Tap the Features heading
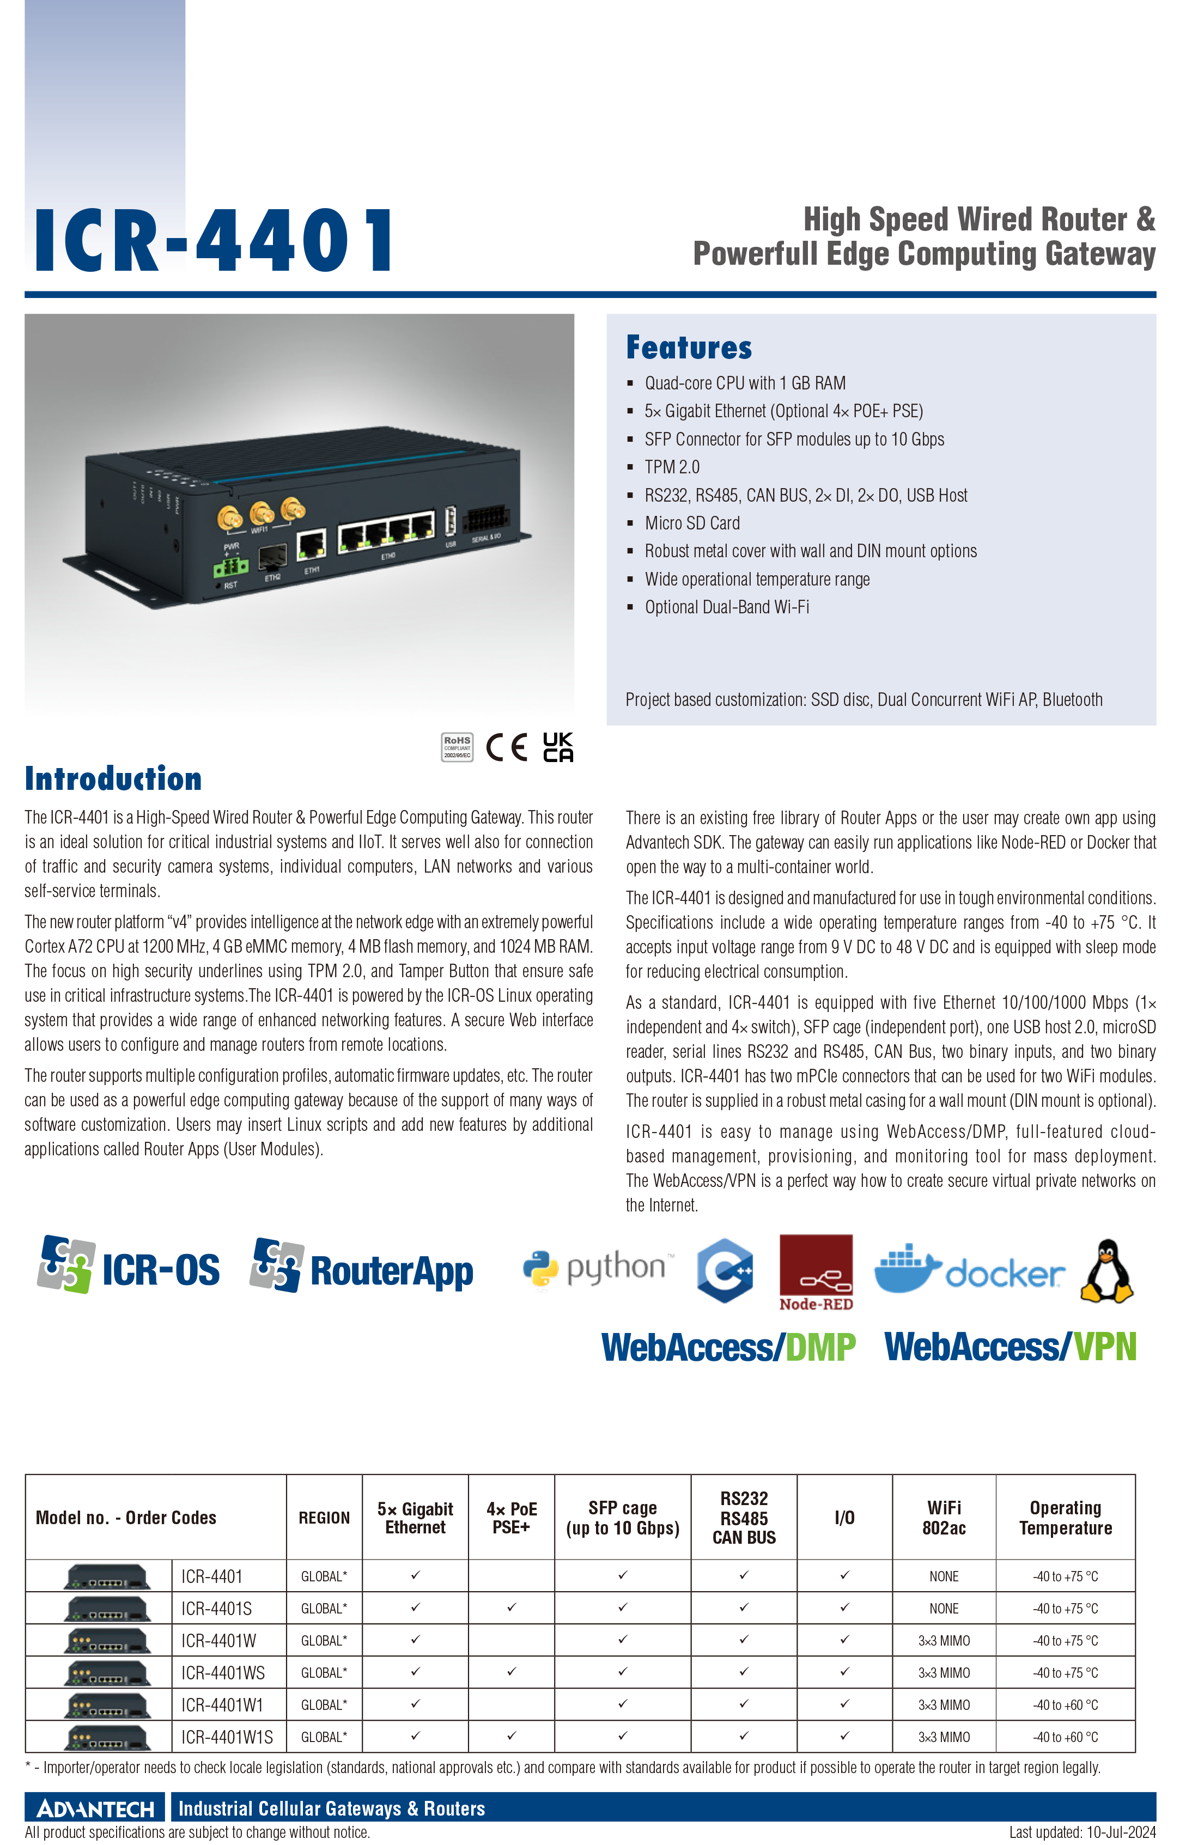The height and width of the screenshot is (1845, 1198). pyautogui.click(x=689, y=348)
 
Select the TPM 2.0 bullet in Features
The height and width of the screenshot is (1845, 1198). pyautogui.click(x=672, y=467)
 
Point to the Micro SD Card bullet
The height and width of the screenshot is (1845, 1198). pyautogui.click(x=692, y=523)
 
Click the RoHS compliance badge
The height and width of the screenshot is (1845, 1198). pyautogui.click(x=457, y=747)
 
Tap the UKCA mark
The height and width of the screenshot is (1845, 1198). pyautogui.click(x=558, y=747)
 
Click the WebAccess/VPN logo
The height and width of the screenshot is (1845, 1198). pyautogui.click(x=1011, y=1347)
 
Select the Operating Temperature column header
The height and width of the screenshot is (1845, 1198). pyautogui.click(x=1066, y=1517)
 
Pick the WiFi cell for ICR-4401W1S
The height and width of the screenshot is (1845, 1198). pyautogui.click(x=944, y=1737)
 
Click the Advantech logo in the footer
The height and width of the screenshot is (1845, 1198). pyautogui.click(x=95, y=1809)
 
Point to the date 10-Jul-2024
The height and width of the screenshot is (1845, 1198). pyautogui.click(x=1121, y=1832)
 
